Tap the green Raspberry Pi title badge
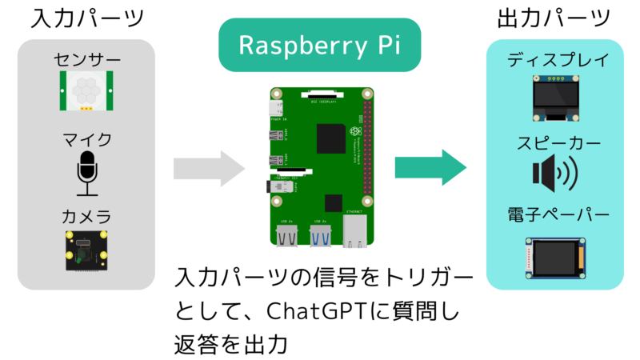319,46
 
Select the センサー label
87,60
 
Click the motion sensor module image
88,90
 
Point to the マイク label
87,139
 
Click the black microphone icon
87,172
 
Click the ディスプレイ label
558,60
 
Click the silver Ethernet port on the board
354,231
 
